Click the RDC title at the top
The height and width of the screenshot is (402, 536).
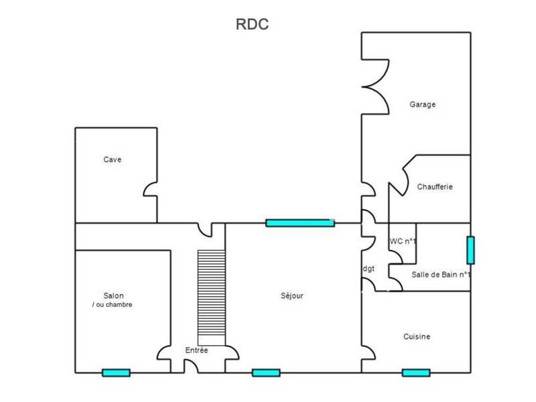click(252, 25)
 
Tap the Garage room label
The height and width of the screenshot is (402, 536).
click(423, 105)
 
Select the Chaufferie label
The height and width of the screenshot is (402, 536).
click(434, 187)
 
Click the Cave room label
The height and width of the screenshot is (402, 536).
click(112, 159)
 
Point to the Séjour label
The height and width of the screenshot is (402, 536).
click(292, 295)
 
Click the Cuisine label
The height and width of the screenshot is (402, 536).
click(417, 337)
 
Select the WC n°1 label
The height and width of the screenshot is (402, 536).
click(403, 241)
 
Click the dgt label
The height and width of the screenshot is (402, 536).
click(368, 269)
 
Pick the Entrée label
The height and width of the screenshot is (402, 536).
click(196, 350)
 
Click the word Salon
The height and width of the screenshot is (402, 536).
click(113, 295)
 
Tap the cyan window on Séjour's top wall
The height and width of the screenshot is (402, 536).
click(299, 223)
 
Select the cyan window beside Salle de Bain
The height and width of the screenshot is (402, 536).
click(470, 249)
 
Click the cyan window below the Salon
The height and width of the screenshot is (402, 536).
click(116, 373)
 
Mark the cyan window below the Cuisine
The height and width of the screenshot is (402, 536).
click(416, 373)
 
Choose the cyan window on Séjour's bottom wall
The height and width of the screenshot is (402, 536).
click(266, 373)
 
